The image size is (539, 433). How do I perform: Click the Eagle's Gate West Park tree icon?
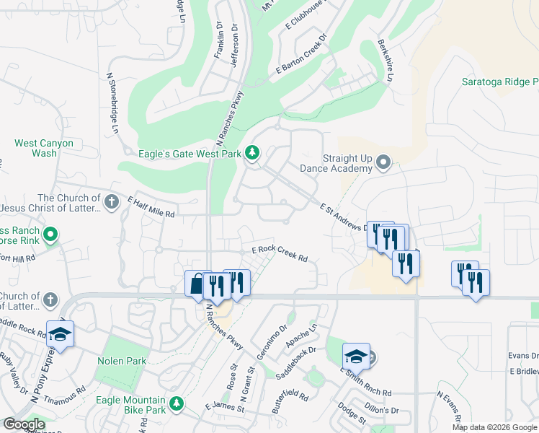pos(252,153)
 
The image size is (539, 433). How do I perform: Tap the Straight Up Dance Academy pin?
pos(383,163)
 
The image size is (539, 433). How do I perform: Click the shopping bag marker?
pos(197,284)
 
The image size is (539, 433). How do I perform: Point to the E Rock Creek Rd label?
pos(280,253)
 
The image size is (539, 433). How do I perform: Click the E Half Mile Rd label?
pos(151,207)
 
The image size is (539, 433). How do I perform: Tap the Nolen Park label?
pos(122,361)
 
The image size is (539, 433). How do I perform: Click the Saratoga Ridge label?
pos(499,82)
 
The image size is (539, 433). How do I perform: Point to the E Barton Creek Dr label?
pos(301,54)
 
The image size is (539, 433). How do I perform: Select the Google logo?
pos(24,424)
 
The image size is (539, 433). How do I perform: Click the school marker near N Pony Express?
pos(61,334)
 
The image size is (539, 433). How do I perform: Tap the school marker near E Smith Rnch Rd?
pos(356,356)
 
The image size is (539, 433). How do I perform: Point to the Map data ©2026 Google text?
pos(494,427)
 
